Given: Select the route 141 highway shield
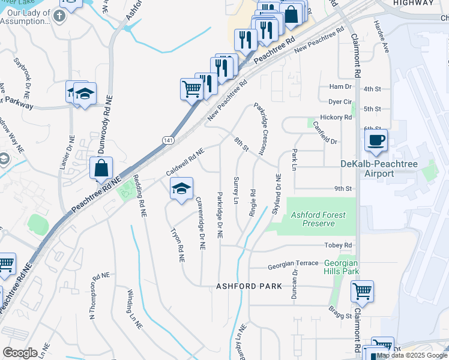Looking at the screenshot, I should tap(168, 140).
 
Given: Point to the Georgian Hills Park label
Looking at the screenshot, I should tap(341, 267).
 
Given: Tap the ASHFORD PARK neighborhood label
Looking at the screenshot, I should tap(249, 287).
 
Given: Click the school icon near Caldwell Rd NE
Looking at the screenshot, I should tap(181, 190).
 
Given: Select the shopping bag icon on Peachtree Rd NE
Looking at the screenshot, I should tap(101, 169).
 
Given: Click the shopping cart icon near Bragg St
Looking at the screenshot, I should tap(362, 292).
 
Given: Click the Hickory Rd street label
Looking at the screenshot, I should tap(336, 118).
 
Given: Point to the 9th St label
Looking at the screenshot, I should tap(343, 188).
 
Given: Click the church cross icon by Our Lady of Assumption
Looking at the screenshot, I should tap(58, 13).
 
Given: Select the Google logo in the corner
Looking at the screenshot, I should tap(20, 353).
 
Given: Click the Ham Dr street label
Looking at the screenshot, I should tap(340, 87).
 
